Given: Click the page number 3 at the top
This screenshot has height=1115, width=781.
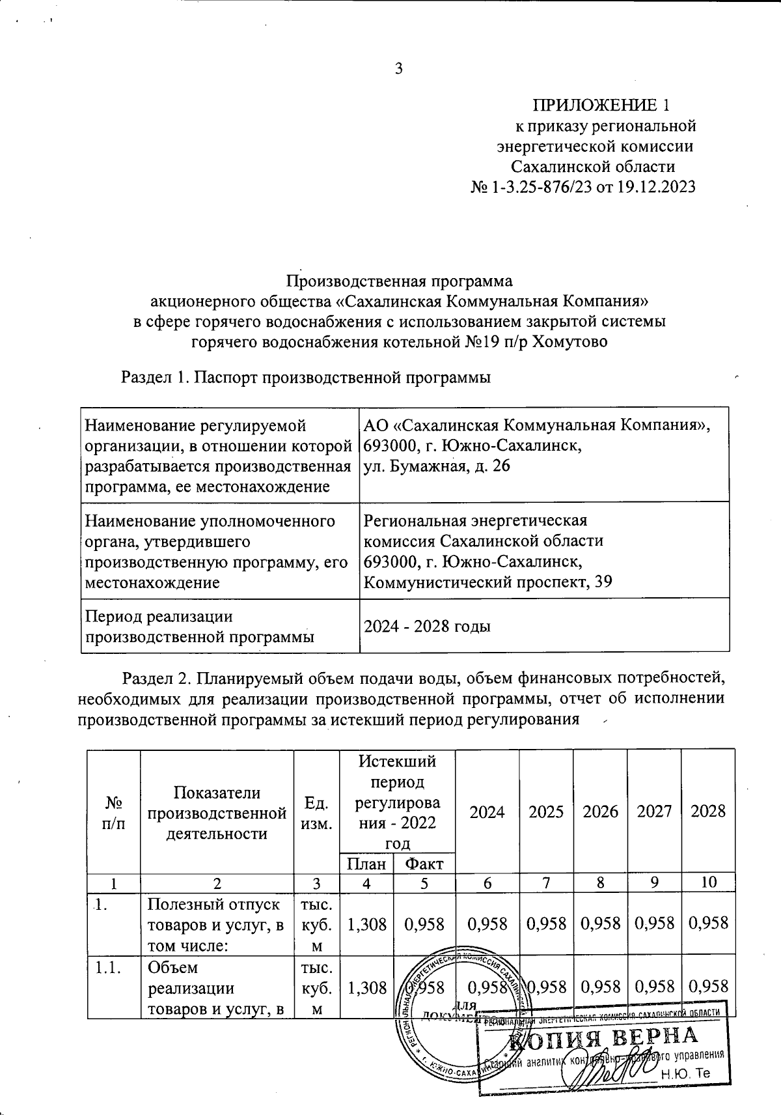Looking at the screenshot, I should point(399,68).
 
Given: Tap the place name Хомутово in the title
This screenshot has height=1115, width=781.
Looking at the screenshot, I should point(569,341).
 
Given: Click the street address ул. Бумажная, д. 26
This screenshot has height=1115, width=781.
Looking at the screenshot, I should point(437,466).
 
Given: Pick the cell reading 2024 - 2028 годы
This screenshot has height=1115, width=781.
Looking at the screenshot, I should point(426,627).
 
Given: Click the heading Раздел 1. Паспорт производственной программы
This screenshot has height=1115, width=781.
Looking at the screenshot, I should point(306,377).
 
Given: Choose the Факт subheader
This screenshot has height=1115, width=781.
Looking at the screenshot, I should point(424,864).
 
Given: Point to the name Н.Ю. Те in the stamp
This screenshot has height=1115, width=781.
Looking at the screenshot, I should point(685,1074).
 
